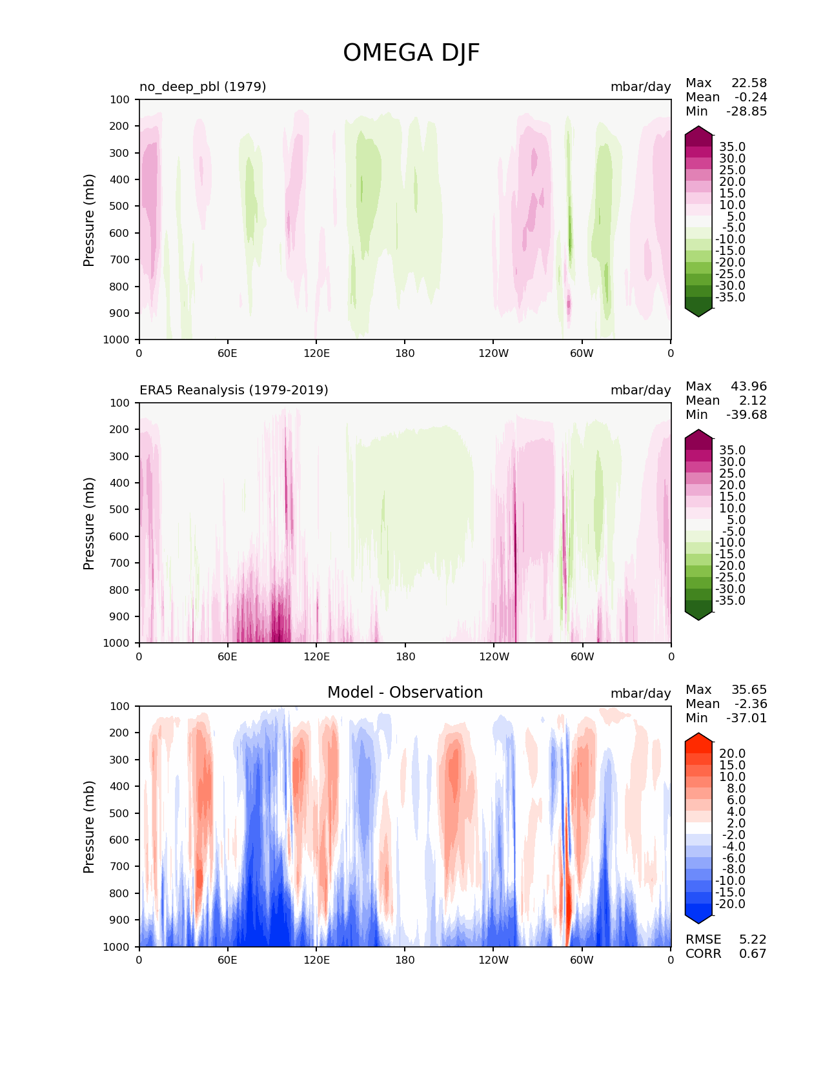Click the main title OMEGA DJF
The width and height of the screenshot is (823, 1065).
(x=411, y=53)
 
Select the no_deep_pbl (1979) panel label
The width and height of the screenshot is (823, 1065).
(x=203, y=86)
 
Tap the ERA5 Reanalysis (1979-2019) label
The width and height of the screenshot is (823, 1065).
(x=234, y=390)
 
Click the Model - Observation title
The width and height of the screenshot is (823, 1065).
(x=405, y=693)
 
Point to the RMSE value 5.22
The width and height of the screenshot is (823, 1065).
(x=753, y=940)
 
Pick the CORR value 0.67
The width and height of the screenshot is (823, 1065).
(x=753, y=954)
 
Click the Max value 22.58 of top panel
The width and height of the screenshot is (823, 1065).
(x=749, y=83)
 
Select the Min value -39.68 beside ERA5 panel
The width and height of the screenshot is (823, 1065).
(x=747, y=415)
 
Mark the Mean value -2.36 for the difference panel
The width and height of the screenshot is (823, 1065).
(x=750, y=704)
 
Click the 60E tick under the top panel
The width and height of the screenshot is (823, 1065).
(x=227, y=353)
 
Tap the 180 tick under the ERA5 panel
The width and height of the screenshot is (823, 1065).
(x=405, y=656)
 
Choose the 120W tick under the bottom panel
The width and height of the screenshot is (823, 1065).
(x=493, y=960)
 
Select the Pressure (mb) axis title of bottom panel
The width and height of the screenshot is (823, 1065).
(x=89, y=826)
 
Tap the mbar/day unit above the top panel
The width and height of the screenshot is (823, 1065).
(x=640, y=86)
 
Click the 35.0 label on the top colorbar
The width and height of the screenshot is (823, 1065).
(x=732, y=147)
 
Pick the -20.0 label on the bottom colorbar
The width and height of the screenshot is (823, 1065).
(x=730, y=904)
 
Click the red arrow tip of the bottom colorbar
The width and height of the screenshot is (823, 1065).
(x=698, y=737)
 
